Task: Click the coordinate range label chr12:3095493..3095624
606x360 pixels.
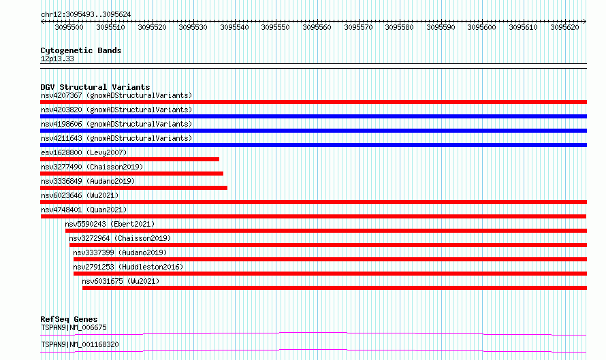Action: click(x=86, y=15)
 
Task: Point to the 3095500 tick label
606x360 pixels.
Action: click(x=69, y=27)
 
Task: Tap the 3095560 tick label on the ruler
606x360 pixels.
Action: click(x=317, y=27)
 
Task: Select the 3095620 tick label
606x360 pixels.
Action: click(x=564, y=27)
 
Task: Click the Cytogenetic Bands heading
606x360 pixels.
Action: click(x=81, y=50)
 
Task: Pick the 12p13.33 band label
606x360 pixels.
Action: click(x=57, y=59)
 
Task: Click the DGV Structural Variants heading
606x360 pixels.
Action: click(x=95, y=87)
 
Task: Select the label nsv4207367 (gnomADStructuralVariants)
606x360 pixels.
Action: click(x=116, y=95)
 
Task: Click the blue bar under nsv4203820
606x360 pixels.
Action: click(x=313, y=116)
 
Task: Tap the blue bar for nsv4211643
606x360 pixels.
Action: click(x=313, y=145)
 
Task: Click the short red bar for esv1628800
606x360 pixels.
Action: click(x=129, y=159)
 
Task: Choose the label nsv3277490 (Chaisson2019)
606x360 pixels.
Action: click(x=92, y=167)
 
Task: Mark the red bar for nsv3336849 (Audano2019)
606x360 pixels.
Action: click(x=133, y=188)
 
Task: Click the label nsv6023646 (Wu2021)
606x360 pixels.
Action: click(x=80, y=195)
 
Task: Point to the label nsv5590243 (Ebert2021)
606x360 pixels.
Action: click(x=110, y=224)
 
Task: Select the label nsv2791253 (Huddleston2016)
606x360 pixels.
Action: click(x=128, y=267)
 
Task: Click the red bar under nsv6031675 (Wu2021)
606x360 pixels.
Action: click(x=334, y=288)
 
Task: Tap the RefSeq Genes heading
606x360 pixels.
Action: click(x=69, y=319)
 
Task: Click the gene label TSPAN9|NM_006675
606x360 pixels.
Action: click(x=74, y=327)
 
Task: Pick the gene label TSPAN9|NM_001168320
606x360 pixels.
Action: click(x=80, y=344)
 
